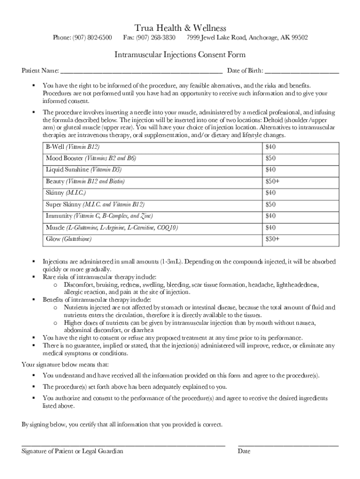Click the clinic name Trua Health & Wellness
pyautogui.click(x=180, y=29)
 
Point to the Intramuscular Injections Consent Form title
pyautogui.click(x=180, y=55)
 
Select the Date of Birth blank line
pyautogui.click(x=302, y=72)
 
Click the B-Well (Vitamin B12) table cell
pyautogui.click(x=72, y=147)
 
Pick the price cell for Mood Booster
pyautogui.click(x=271, y=159)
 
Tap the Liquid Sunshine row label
pyautogui.click(x=84, y=170)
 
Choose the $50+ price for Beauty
pyautogui.click(x=272, y=181)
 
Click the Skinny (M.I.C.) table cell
pyautogui.click(x=66, y=193)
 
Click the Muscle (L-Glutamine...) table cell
pyautogui.click(x=112, y=228)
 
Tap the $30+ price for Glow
pyautogui.click(x=272, y=239)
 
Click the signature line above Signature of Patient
pyautogui.click(x=123, y=445)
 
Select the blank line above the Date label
pyautogui.click(x=288, y=445)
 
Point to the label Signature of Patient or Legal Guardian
pyautogui.click(x=72, y=451)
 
